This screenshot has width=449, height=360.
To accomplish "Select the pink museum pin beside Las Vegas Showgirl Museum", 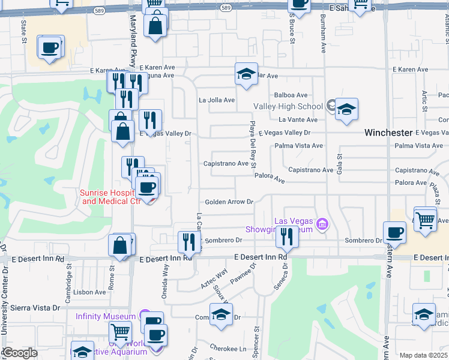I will click(x=323, y=225).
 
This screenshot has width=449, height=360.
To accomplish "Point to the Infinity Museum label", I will click(x=106, y=316).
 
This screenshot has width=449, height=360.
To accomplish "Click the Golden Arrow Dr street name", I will click(x=229, y=202).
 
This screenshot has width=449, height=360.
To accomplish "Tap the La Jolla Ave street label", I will click(x=217, y=100).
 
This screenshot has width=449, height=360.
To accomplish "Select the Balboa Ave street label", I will click(x=291, y=95).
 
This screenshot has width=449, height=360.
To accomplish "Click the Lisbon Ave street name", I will click(x=90, y=292).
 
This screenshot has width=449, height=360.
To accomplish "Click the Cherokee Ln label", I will click(x=228, y=348).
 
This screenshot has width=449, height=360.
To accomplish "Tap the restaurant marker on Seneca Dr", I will click(x=288, y=238).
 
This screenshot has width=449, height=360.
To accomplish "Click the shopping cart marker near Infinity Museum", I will click(x=121, y=332).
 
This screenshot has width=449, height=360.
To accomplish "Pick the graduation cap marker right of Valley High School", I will click(x=346, y=109).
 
